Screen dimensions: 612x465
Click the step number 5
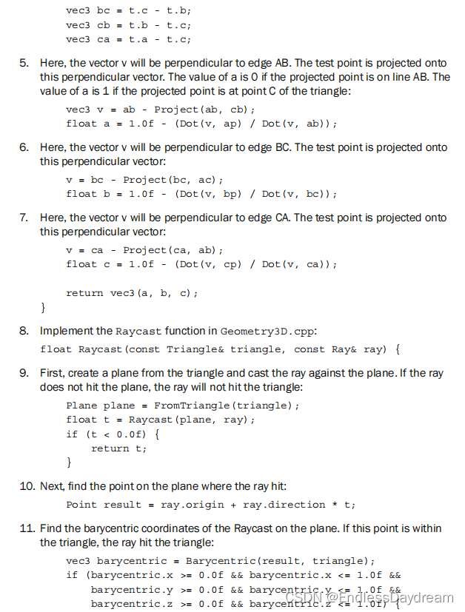tap(24, 64)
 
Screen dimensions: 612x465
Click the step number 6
tap(24, 147)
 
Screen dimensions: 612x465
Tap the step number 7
tap(24, 218)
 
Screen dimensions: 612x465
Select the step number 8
tap(24, 331)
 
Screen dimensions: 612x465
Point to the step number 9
tap(24, 373)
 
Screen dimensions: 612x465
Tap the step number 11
tap(26, 528)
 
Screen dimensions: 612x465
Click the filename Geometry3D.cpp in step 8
tap(255, 332)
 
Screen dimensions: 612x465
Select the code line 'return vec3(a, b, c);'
tap(132, 293)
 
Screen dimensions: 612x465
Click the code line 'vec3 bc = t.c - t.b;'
tap(128, 11)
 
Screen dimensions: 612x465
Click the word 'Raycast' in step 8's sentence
tap(138, 332)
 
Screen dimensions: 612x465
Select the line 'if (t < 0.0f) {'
tap(113, 434)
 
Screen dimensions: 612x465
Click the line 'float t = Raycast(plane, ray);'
tap(160, 420)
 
